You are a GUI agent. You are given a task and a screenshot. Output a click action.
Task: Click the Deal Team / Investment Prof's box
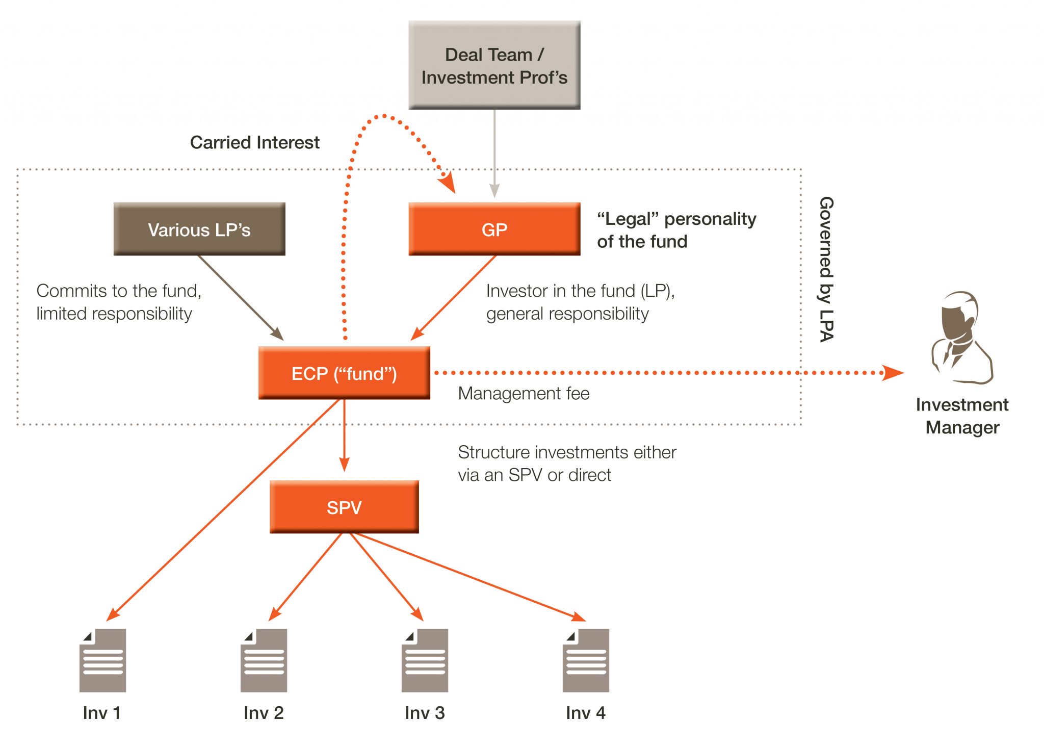click(494, 65)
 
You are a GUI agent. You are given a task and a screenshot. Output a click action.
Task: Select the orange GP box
click(494, 229)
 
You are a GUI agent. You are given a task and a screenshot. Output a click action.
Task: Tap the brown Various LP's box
click(199, 229)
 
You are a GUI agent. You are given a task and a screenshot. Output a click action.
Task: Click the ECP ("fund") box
click(344, 373)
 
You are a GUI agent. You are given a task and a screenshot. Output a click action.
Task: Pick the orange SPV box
click(344, 507)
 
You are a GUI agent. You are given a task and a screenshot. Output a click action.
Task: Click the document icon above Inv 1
click(102, 660)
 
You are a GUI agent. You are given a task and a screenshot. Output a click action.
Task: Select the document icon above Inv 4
click(586, 660)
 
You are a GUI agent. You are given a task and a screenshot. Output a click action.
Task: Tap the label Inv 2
click(264, 712)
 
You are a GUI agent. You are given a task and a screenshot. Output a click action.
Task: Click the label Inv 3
click(425, 712)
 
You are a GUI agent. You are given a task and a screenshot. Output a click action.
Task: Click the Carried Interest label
click(254, 142)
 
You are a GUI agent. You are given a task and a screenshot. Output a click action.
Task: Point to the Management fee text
click(524, 394)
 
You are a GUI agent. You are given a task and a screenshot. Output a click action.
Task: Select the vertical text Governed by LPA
click(826, 269)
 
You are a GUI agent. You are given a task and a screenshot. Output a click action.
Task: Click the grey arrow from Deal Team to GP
click(494, 153)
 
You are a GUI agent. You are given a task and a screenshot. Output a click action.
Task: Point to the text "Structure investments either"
click(567, 452)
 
